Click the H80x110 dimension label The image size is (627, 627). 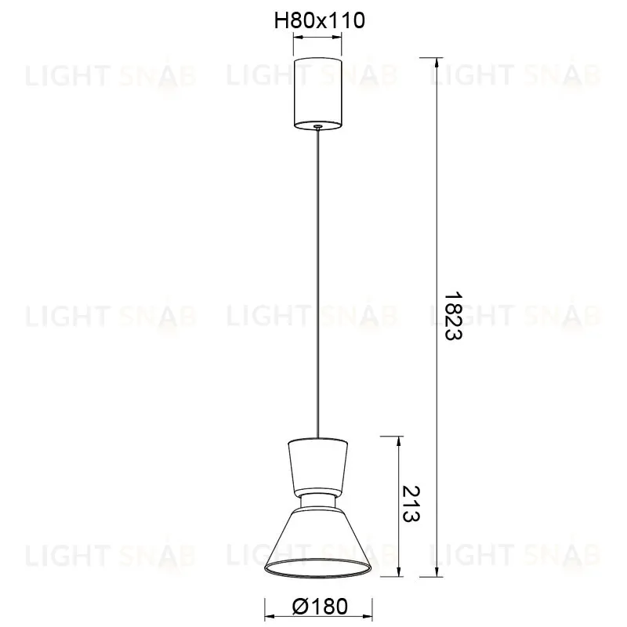coord(319,20)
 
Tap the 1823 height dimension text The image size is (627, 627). coord(454,316)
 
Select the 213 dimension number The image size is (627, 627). coord(411,504)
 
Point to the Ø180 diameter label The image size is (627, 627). coord(320,607)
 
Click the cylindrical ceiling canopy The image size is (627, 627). coord(318,92)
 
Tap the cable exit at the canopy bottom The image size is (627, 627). coord(318,126)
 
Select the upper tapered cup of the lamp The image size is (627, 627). coord(318,466)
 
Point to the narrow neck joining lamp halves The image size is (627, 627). coord(318,502)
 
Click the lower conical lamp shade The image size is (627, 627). coord(318,540)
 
